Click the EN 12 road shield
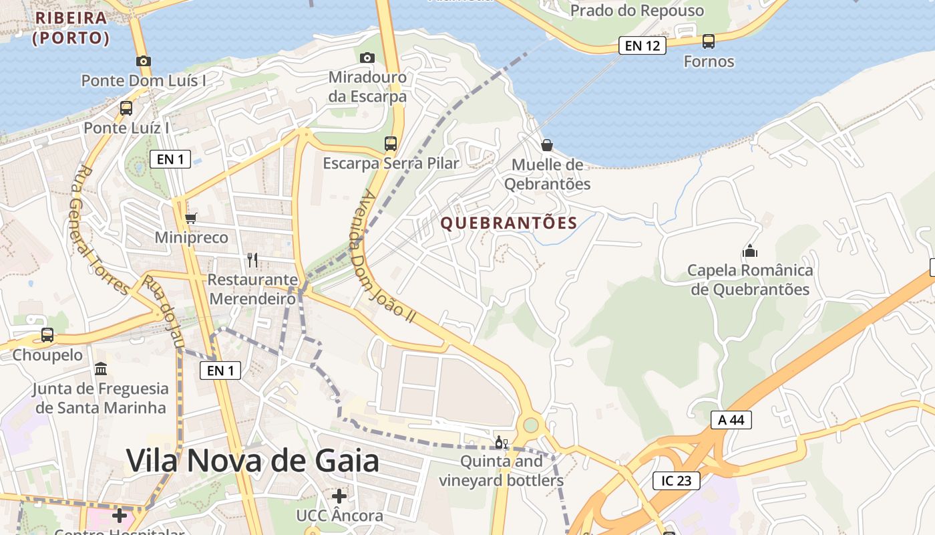pos(642,45)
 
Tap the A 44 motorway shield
pos(731,420)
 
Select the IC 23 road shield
pos(676,480)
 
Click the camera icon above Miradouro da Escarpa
pos(367,58)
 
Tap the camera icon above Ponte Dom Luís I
pos(143,61)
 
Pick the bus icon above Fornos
pos(709,41)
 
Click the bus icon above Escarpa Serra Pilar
pos(391,143)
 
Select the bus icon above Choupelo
pos(47,335)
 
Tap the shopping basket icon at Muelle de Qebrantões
pos(547,145)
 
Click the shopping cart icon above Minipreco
pos(191,218)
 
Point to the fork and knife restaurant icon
pos(252,259)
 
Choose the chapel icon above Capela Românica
pos(749,251)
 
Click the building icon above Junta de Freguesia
pos(101,368)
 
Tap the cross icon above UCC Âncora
pos(339,496)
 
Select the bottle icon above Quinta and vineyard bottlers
pos(501,442)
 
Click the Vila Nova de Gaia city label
pos(252,461)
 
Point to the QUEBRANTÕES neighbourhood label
pos(509,223)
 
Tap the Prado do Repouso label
pos(637,11)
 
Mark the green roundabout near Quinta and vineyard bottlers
pos(531,425)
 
